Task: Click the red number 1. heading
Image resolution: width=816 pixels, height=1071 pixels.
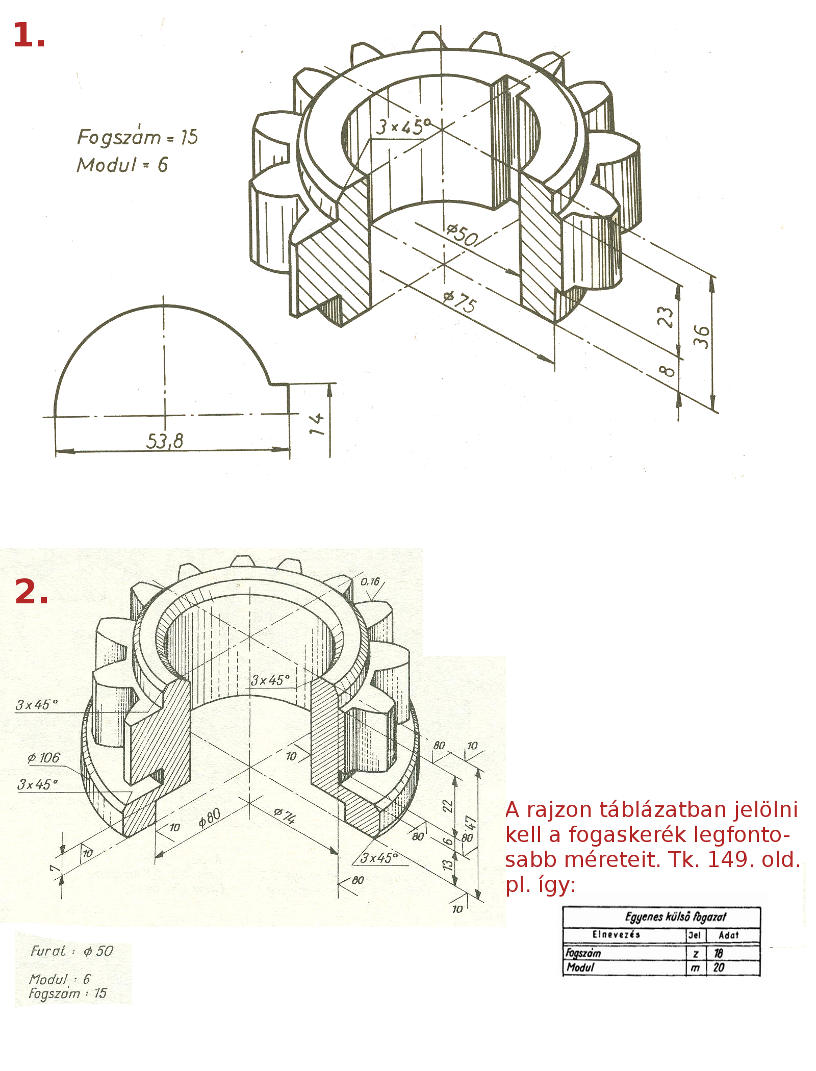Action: (x=29, y=36)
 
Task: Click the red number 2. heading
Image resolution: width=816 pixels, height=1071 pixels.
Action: (x=32, y=593)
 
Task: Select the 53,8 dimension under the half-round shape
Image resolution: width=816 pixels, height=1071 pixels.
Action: (x=165, y=441)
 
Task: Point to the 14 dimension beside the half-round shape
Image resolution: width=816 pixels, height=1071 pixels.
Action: (x=317, y=424)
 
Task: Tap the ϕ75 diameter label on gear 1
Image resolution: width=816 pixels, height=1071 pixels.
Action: (x=460, y=301)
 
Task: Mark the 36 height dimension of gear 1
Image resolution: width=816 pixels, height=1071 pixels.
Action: (x=702, y=337)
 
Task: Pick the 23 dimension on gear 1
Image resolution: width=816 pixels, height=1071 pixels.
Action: (x=666, y=317)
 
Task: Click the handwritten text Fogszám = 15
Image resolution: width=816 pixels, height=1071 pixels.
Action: (x=137, y=137)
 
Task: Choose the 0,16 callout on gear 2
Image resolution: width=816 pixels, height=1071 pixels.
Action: (x=370, y=582)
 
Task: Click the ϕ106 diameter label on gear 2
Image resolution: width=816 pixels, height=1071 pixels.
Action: (x=44, y=758)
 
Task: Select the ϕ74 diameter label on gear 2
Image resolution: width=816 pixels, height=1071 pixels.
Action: (x=285, y=815)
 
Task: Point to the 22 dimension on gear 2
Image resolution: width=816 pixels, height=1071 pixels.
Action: (x=447, y=806)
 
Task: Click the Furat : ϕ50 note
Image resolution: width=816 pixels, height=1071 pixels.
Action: (x=72, y=951)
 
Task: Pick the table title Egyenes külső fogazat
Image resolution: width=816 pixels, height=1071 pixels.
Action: (x=675, y=916)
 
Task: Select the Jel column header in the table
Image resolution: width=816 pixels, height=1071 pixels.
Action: (x=694, y=935)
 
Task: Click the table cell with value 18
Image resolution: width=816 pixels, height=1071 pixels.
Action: (x=719, y=953)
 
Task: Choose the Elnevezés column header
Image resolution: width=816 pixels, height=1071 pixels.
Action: (x=616, y=934)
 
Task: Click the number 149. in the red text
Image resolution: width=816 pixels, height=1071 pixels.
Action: (x=731, y=860)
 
